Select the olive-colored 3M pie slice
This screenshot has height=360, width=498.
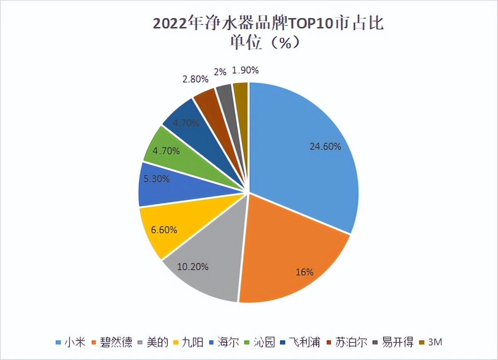[241, 94]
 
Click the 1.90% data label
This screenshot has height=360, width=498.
[245, 70]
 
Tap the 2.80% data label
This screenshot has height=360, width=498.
[196, 79]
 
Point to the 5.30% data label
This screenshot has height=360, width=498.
[157, 179]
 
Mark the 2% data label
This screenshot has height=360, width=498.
[220, 72]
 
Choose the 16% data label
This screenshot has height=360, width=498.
[305, 272]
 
